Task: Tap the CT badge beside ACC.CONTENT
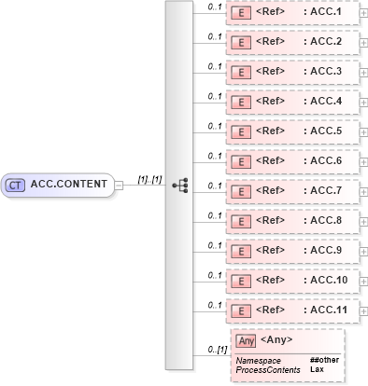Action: [15, 185]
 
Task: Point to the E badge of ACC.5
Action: [241, 131]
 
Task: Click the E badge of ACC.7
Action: [241, 191]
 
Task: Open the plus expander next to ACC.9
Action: [363, 251]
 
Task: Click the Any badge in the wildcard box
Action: [246, 340]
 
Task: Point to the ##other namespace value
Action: [324, 360]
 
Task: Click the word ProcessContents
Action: [267, 369]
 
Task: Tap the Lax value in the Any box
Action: [317, 369]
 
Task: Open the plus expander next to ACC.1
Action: [363, 13]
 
